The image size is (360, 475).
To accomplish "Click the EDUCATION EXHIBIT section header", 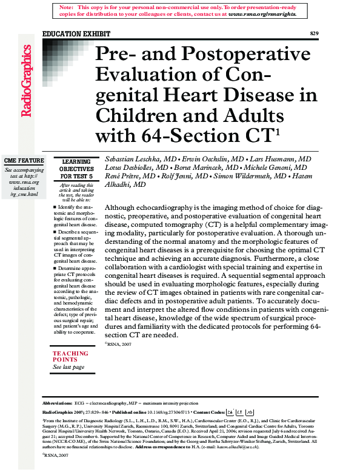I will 68,33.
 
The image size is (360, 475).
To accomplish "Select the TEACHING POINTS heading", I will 70,356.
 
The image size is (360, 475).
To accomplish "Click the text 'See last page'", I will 68,366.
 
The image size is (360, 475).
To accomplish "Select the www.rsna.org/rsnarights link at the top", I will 262,13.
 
